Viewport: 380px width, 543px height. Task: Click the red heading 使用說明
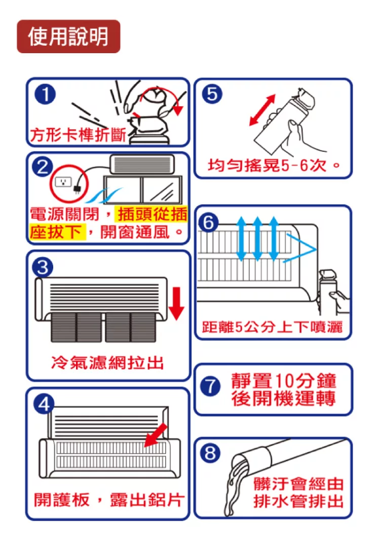pyautogui.click(x=68, y=36)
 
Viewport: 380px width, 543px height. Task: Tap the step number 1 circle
pyautogui.click(x=45, y=94)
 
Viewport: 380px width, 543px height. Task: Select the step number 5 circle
pyautogui.click(x=212, y=94)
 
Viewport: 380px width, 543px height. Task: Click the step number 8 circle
pyautogui.click(x=210, y=453)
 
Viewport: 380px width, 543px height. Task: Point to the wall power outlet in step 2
pyautogui.click(x=63, y=181)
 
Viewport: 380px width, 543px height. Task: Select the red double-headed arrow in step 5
pyautogui.click(x=262, y=110)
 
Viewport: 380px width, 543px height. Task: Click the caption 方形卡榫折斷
pyautogui.click(x=78, y=135)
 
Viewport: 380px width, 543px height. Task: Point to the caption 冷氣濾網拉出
pyautogui.click(x=107, y=363)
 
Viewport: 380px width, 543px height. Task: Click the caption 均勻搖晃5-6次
pyautogui.click(x=274, y=166)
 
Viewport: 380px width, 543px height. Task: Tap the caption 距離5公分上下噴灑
pyautogui.click(x=272, y=327)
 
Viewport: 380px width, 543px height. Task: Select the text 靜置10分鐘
pyautogui.click(x=284, y=380)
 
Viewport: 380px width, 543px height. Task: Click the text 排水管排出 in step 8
pyautogui.click(x=298, y=501)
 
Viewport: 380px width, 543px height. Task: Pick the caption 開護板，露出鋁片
pyautogui.click(x=108, y=499)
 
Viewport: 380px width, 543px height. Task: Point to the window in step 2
pyautogui.click(x=143, y=190)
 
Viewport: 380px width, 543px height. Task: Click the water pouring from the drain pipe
pyautogui.click(x=236, y=485)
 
